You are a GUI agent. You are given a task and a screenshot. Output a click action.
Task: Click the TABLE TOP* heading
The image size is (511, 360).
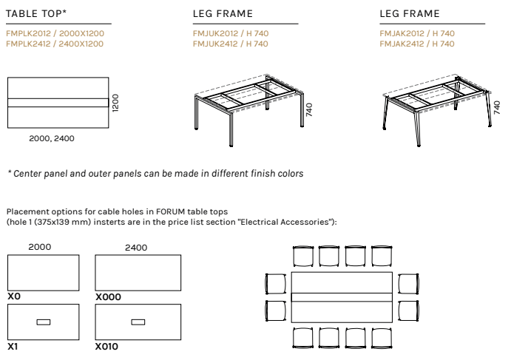[36, 14]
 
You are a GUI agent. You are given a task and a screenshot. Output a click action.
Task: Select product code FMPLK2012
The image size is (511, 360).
[28, 33]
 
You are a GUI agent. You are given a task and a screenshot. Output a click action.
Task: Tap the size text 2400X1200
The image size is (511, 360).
[81, 44]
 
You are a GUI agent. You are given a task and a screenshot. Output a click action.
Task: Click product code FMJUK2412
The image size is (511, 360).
[215, 44]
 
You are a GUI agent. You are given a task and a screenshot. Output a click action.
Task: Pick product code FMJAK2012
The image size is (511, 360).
[402, 33]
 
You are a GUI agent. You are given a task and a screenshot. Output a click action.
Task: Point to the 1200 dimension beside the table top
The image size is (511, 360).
[115, 103]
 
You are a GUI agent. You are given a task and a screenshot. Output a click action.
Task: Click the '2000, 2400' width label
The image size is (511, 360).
[52, 138]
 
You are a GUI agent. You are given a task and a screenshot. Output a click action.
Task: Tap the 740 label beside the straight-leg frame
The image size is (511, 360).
[309, 110]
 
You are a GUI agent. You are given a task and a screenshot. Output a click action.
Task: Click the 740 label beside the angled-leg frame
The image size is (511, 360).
[497, 107]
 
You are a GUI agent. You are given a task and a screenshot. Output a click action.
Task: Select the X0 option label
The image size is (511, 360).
[14, 296]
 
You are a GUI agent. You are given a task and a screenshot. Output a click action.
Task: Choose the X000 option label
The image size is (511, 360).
[108, 296]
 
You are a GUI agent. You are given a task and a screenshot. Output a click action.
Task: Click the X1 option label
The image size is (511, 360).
[13, 346]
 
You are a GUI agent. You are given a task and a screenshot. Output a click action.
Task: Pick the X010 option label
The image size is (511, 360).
[106, 346]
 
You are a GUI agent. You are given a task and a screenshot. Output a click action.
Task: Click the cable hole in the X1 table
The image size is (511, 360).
[44, 322]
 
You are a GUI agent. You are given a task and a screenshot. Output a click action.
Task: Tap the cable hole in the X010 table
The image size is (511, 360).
[138, 322]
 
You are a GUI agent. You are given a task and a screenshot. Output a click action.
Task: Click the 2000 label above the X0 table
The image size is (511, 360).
[40, 247]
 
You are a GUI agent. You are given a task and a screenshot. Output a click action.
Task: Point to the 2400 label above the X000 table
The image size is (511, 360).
[136, 248]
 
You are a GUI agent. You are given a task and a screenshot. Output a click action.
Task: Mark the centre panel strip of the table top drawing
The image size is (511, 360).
[58, 103]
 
